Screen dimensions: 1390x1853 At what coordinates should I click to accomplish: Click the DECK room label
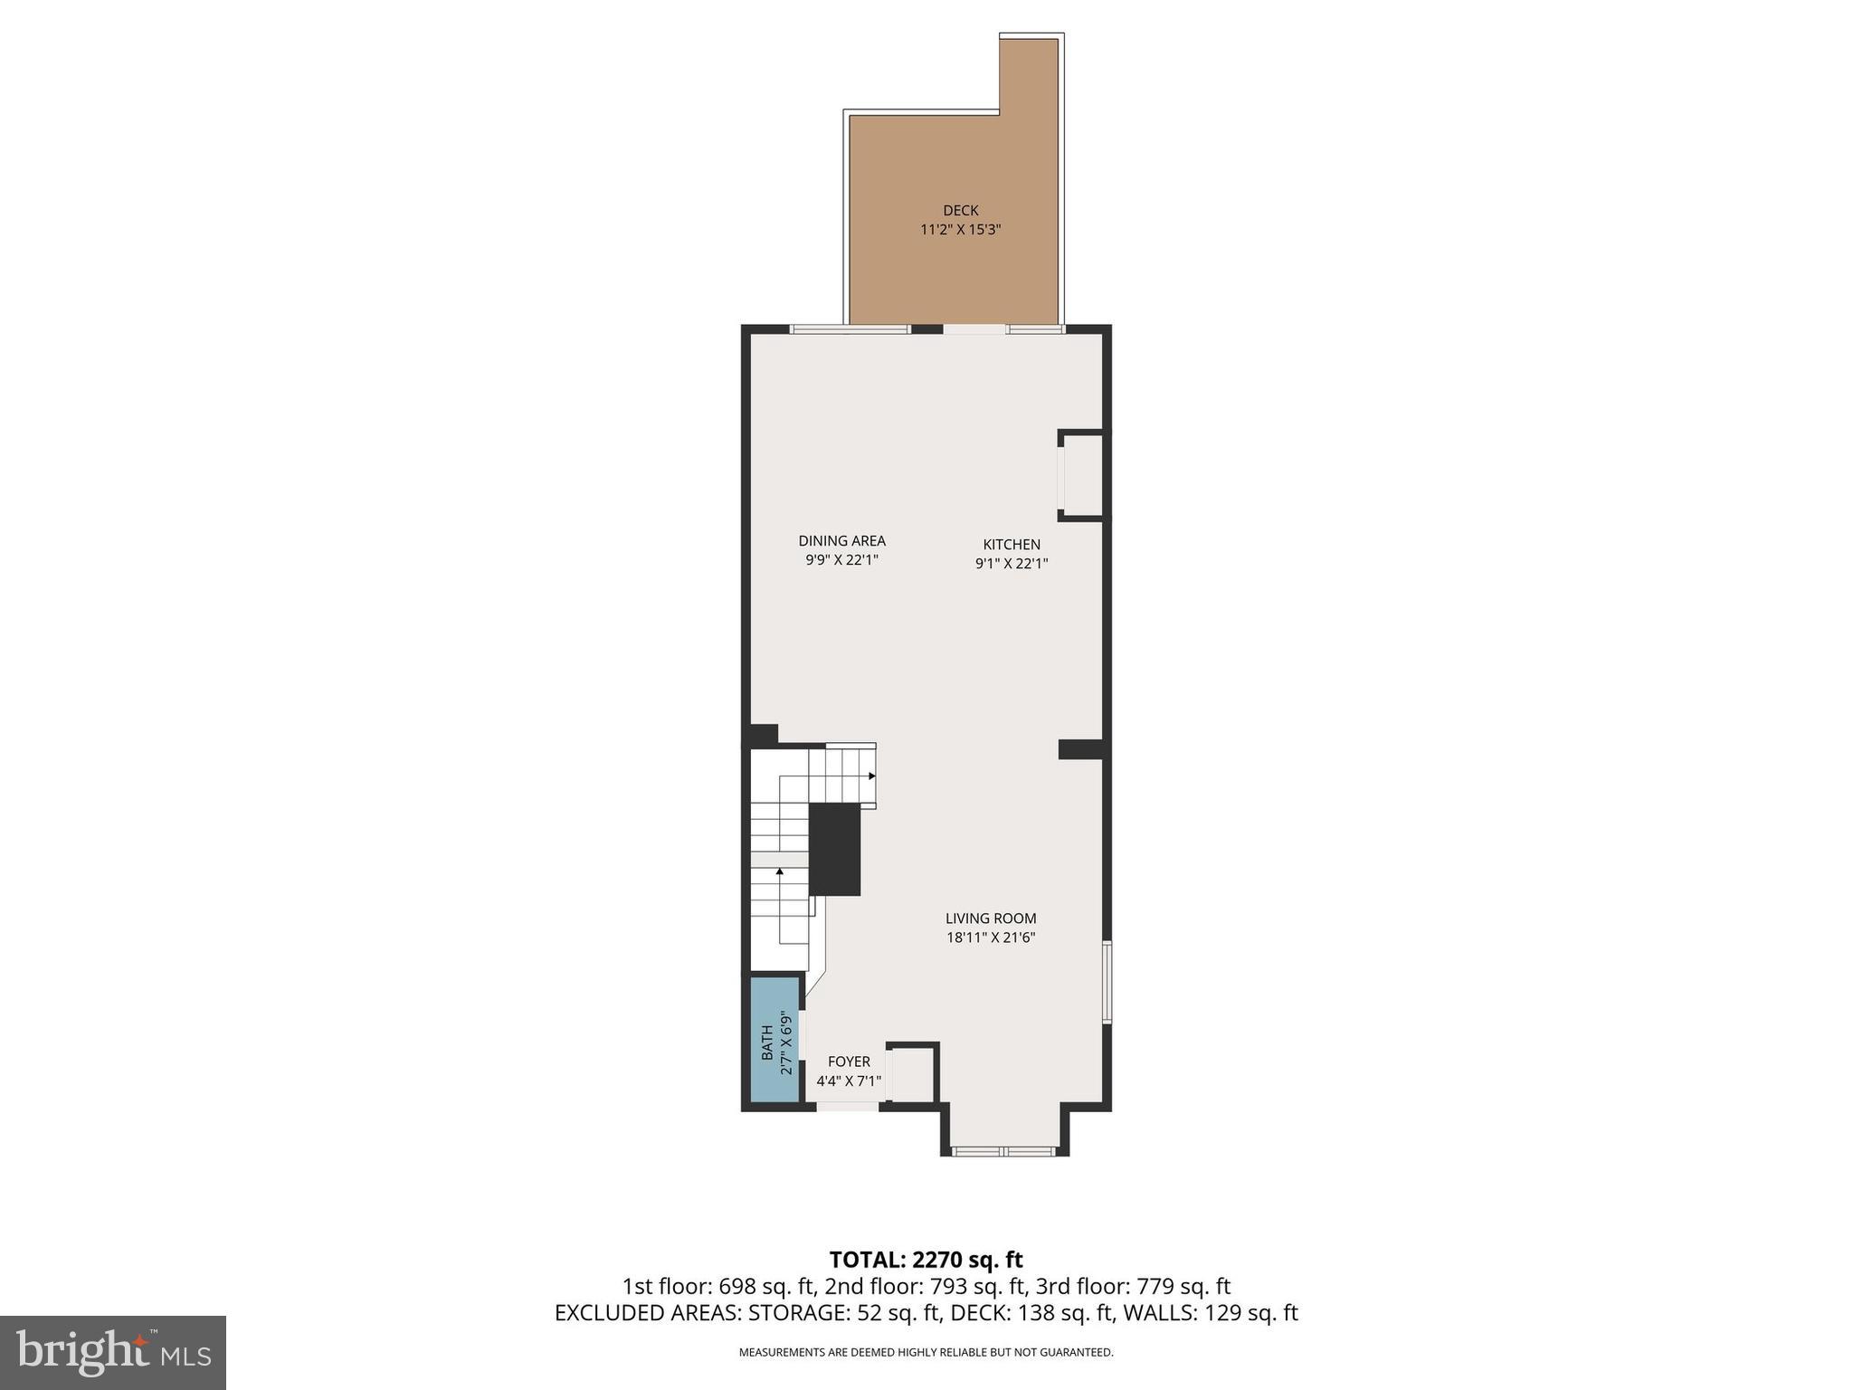pos(960,210)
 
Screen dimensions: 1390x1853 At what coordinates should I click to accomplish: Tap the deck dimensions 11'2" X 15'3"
pos(960,230)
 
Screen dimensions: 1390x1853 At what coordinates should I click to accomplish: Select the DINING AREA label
pos(841,540)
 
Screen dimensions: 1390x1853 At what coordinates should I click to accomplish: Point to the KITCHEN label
pos(1012,544)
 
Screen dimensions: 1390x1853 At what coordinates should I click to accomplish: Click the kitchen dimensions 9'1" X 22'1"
pos(1012,564)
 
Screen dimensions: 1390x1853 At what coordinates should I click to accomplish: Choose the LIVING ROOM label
pos(991,918)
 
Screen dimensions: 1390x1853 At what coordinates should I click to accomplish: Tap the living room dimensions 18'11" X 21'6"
pos(991,938)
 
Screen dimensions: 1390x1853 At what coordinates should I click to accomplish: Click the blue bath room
pos(775,1039)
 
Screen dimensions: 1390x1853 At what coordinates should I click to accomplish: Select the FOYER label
pos(849,1062)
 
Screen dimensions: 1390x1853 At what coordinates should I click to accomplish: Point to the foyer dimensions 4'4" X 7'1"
pos(849,1081)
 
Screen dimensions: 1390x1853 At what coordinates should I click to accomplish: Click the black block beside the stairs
pos(833,849)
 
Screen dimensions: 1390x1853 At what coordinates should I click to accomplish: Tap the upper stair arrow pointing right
pos(870,776)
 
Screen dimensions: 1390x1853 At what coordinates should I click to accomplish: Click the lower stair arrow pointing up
pos(779,871)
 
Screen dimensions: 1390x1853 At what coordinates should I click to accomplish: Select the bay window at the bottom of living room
pos(1003,1151)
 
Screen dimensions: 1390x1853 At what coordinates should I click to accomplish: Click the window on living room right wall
pos(1107,982)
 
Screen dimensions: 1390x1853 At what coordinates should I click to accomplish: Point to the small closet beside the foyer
pos(913,1074)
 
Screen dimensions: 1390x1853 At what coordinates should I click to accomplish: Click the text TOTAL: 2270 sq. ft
pos(926,1260)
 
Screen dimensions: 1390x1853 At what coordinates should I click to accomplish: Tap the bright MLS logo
pos(113,1352)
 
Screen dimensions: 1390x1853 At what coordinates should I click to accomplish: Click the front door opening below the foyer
pos(847,1106)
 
